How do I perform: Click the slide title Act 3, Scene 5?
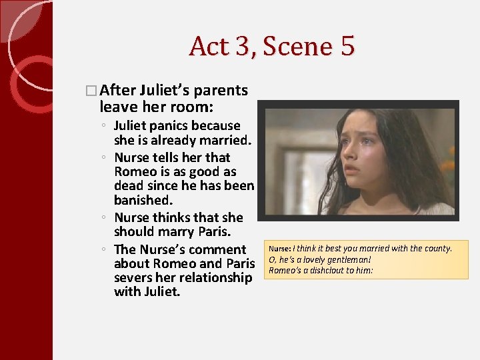click(272, 46)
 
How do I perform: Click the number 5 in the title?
click(347, 46)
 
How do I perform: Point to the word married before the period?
click(225, 140)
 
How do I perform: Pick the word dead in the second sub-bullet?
click(129, 185)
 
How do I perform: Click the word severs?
click(137, 277)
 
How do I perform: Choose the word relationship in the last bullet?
click(210, 277)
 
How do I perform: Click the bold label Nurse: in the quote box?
click(279, 249)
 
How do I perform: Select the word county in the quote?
click(437, 249)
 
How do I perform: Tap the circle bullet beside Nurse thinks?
click(105, 218)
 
